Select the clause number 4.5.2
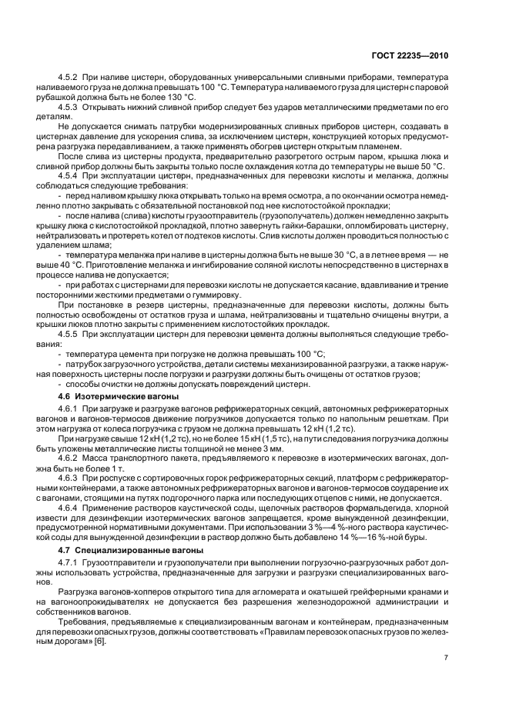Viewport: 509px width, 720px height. [x=72, y=78]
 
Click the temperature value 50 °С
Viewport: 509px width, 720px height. [x=432, y=166]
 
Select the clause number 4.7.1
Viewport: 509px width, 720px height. [x=72, y=565]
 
